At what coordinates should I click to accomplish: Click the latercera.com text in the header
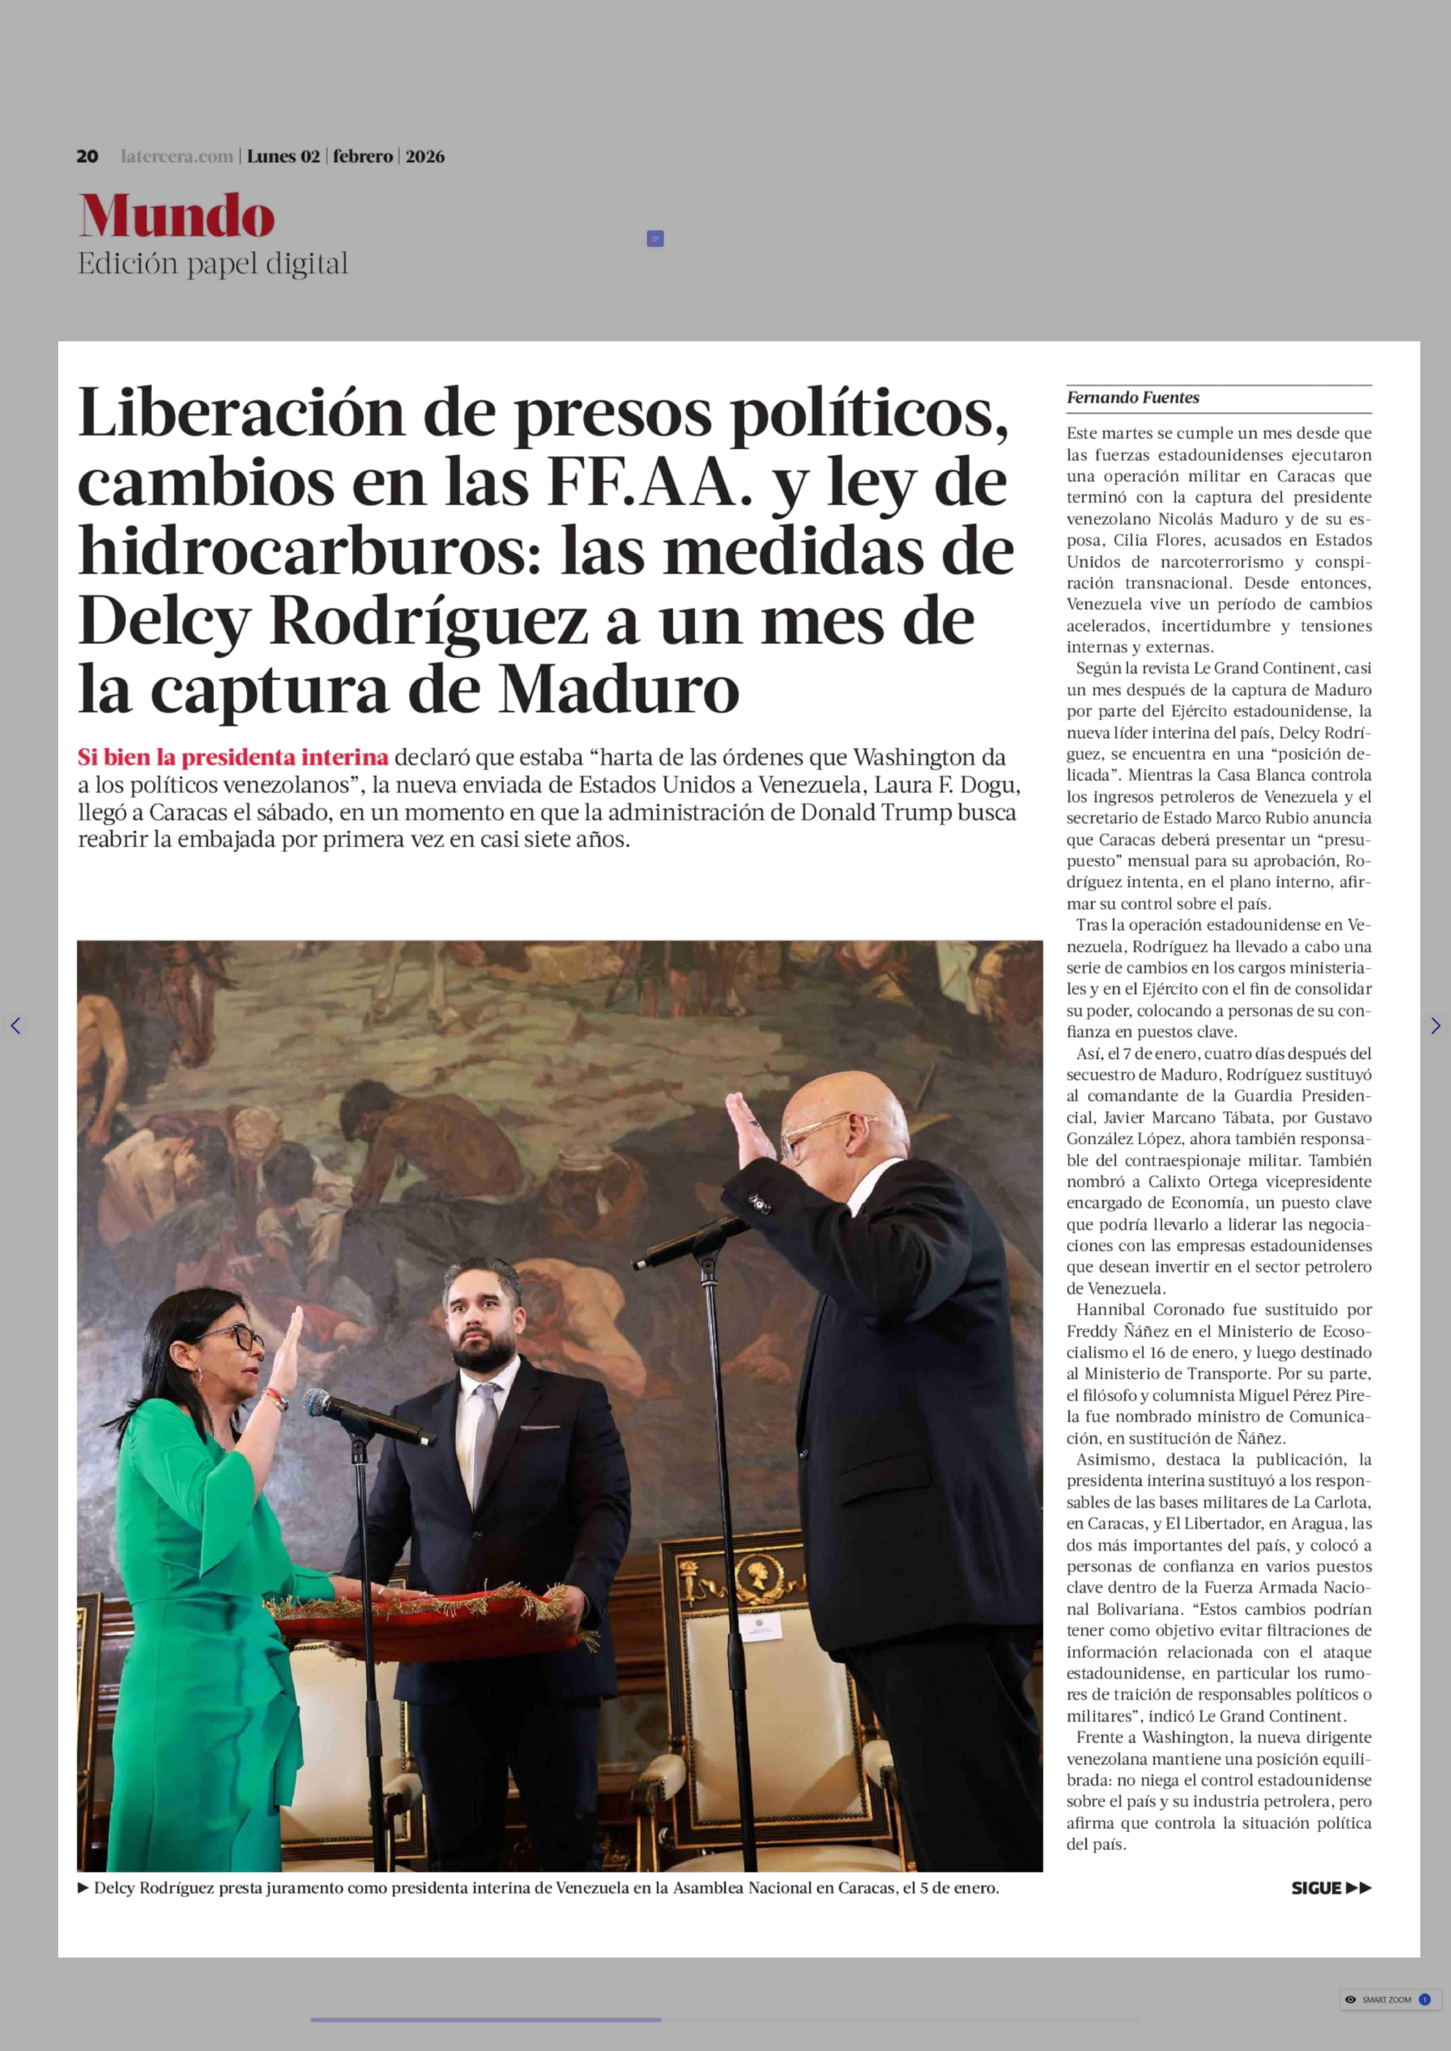pyautogui.click(x=177, y=156)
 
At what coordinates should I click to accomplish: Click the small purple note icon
pyautogui.click(x=655, y=238)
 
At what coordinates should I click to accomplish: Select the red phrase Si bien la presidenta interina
pyautogui.click(x=233, y=758)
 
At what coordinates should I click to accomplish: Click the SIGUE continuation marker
pyautogui.click(x=1330, y=1888)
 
